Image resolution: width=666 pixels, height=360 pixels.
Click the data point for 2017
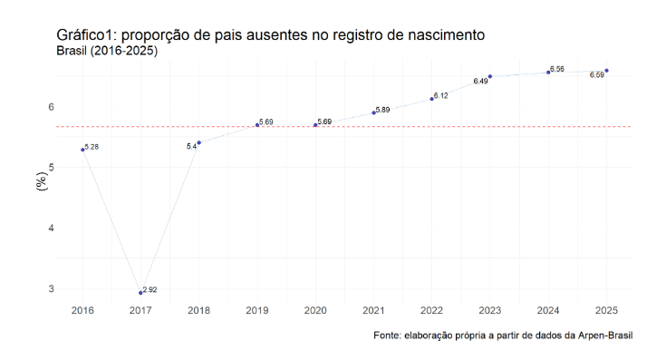coord(140,293)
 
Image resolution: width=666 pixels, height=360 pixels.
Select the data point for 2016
coord(82,149)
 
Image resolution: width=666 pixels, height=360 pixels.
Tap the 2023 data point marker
coord(490,76)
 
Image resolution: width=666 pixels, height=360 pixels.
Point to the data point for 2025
coord(606,70)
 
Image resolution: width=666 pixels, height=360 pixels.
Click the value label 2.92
coord(151,289)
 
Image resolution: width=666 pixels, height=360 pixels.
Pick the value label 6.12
coord(441,95)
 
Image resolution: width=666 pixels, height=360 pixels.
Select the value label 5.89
coord(382,110)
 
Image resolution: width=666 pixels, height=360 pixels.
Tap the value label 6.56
coord(557,69)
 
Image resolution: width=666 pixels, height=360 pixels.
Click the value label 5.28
coord(92,146)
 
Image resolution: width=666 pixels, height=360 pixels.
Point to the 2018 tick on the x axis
coord(198,310)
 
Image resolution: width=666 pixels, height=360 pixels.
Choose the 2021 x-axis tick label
coord(373,310)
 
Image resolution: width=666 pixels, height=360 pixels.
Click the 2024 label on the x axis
coord(548,310)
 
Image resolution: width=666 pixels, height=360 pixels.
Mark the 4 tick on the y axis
coord(52,228)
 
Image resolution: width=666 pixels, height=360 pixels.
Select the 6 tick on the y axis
coord(52,107)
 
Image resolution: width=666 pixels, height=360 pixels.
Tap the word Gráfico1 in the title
coord(89,35)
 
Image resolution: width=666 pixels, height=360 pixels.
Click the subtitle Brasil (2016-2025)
coord(107,51)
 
